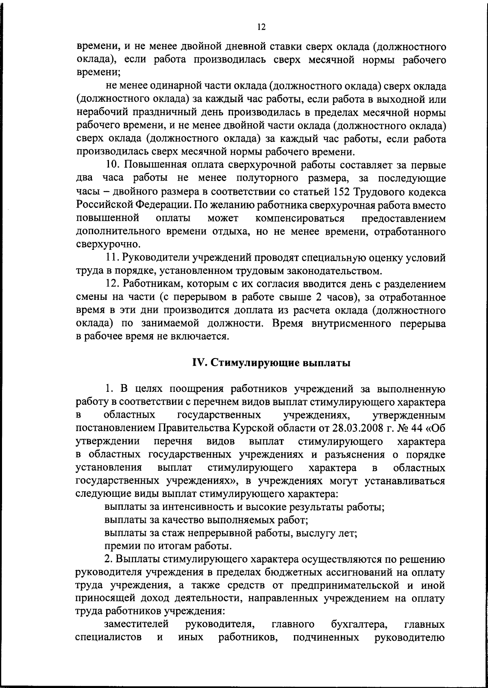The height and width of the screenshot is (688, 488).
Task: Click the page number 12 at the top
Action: (261, 27)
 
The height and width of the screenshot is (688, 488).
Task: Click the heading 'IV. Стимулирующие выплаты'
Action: (271, 363)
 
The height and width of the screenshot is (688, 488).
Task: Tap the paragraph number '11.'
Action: (111, 258)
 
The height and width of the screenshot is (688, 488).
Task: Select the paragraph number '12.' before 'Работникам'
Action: (112, 284)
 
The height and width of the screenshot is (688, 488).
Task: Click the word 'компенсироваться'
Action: (301, 218)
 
